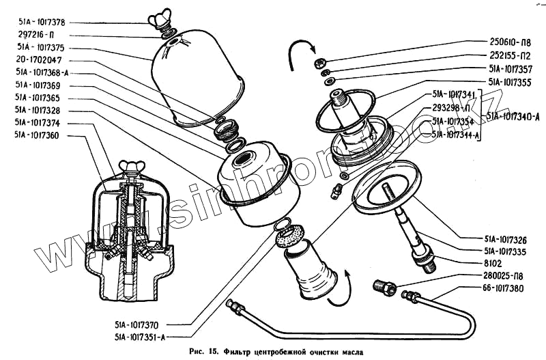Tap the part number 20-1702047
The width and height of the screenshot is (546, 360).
(x=37, y=60)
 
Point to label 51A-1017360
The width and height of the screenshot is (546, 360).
(x=37, y=135)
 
